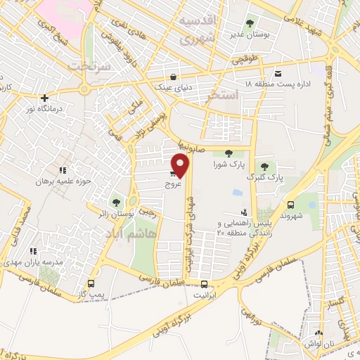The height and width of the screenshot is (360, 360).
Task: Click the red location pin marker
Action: (x=181, y=165)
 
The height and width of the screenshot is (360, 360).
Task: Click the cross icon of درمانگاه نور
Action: (x=44, y=98)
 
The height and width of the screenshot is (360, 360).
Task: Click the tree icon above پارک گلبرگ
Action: (x=264, y=167)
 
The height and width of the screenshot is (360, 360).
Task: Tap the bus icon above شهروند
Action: (x=290, y=205)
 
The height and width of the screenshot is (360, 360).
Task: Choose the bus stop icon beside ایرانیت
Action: (x=204, y=285)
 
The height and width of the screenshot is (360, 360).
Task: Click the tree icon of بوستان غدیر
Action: (x=252, y=22)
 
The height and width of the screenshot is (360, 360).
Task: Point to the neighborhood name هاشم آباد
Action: (x=134, y=234)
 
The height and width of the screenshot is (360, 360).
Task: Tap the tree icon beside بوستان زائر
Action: (x=116, y=203)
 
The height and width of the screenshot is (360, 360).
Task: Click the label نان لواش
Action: (x=319, y=343)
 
